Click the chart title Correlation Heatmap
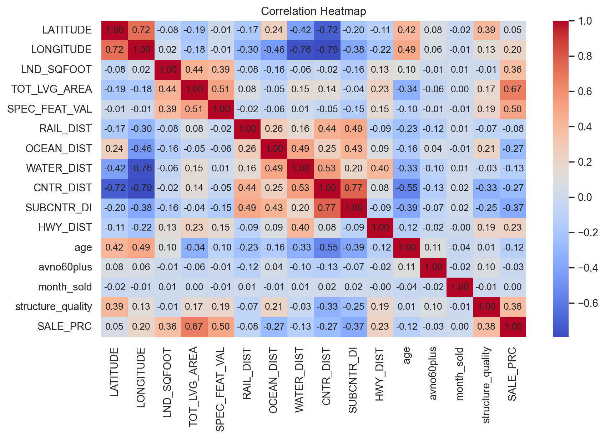[313, 11]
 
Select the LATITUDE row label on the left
[67, 30]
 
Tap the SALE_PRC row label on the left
[65, 326]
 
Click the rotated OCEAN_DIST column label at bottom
[273, 381]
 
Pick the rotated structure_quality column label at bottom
[486, 385]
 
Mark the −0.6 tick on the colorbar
[585, 303]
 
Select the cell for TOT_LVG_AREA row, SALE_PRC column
[513, 89]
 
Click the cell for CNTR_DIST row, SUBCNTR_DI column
[354, 188]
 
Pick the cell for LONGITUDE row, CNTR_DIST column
[327, 50]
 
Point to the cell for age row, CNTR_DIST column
[327, 247]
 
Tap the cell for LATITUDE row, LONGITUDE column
[141, 30]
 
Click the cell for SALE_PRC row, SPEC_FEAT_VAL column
[221, 326]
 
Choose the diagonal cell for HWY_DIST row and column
[380, 227]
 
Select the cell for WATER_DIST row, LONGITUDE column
[141, 168]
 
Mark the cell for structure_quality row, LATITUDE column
[115, 306]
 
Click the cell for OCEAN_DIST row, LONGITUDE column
[141, 148]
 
